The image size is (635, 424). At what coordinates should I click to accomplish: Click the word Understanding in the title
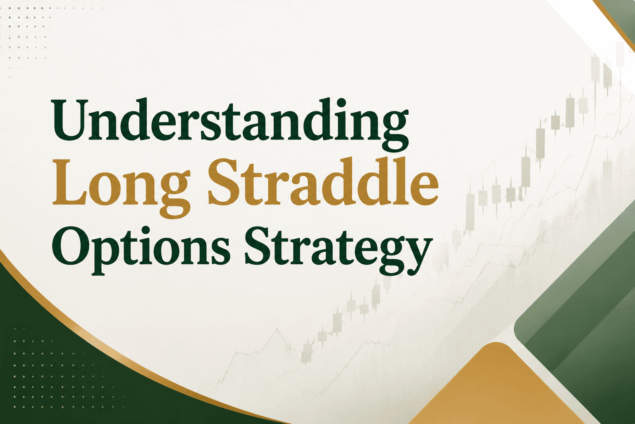pyautogui.click(x=230, y=125)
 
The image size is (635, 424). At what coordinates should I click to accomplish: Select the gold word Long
pyautogui.click(x=121, y=188)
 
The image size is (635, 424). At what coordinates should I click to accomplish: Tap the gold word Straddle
pyautogui.click(x=323, y=182)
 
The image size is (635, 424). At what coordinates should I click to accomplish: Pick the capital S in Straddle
pyautogui.click(x=223, y=182)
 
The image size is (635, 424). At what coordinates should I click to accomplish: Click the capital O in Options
pyautogui.click(x=72, y=245)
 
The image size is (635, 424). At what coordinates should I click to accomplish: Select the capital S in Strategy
pyautogui.click(x=259, y=245)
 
